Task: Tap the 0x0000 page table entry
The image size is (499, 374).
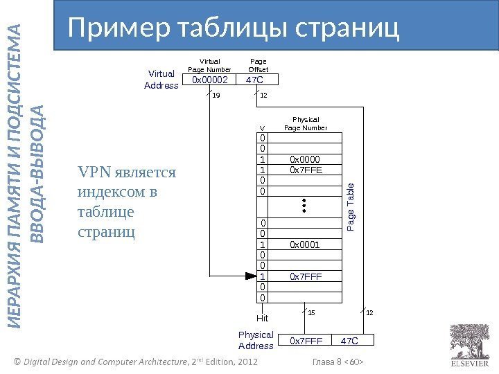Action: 306,159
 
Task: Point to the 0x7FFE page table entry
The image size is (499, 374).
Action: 306,169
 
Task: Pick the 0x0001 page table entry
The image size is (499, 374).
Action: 306,244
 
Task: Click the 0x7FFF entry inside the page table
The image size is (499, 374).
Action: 306,277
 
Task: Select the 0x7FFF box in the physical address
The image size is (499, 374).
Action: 306,341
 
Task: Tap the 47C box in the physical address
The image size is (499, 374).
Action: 350,341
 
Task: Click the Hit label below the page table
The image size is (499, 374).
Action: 262,319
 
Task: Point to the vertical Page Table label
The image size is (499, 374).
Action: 351,207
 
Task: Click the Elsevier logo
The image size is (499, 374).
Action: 470,346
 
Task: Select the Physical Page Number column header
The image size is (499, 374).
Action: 306,124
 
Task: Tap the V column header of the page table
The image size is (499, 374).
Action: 262,128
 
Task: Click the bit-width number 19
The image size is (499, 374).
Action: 216,96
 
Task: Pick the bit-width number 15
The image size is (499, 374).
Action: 311,313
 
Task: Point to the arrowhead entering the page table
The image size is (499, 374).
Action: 252,276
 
